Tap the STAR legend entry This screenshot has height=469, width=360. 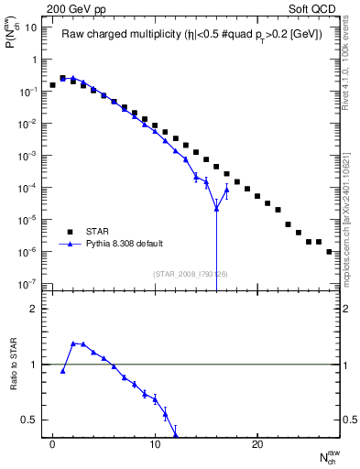(x=102, y=231)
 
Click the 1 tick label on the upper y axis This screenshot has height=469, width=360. (x=34, y=60)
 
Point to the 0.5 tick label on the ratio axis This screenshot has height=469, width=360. (x=30, y=420)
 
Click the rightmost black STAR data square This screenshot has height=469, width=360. (x=329, y=251)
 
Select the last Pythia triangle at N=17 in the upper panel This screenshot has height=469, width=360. (x=226, y=190)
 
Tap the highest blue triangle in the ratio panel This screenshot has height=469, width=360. (x=73, y=344)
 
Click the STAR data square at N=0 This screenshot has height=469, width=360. (x=53, y=85)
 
